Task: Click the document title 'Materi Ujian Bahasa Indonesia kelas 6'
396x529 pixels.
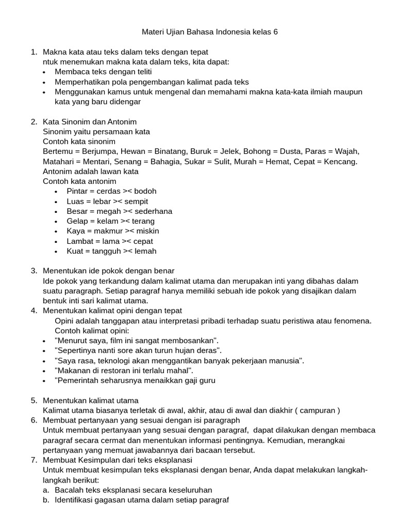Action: click(x=209, y=32)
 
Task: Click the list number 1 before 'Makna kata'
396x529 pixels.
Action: click(x=34, y=52)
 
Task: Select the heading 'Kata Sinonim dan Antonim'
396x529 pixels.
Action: click(x=90, y=122)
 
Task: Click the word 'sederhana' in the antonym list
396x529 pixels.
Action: click(x=153, y=211)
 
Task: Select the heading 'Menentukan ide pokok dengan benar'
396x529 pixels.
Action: click(x=108, y=271)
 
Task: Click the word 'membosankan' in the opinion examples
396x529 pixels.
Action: click(x=188, y=340)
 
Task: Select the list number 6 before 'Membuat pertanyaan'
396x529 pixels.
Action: click(x=34, y=420)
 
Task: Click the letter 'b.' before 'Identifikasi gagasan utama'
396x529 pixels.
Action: click(x=46, y=500)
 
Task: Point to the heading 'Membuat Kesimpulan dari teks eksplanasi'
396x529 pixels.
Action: click(x=118, y=460)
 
